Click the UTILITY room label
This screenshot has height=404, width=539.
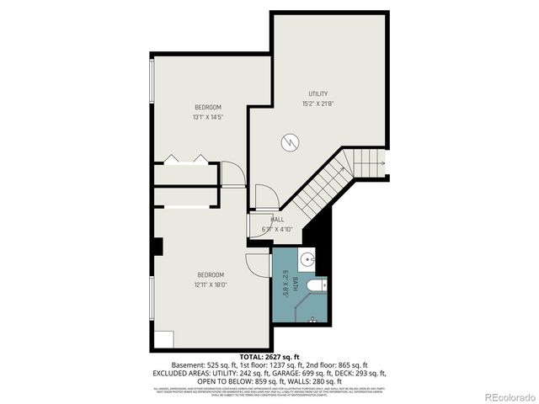click(318, 93)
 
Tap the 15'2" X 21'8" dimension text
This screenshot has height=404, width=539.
click(318, 104)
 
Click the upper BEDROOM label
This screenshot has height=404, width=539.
click(208, 107)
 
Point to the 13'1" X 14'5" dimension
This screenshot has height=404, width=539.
click(207, 118)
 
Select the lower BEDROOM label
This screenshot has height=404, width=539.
click(211, 274)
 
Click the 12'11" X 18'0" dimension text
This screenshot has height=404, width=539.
click(211, 284)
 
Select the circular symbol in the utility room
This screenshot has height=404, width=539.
click(291, 141)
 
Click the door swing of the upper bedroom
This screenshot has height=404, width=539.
click(233, 173)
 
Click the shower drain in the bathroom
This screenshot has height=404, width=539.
click(313, 319)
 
